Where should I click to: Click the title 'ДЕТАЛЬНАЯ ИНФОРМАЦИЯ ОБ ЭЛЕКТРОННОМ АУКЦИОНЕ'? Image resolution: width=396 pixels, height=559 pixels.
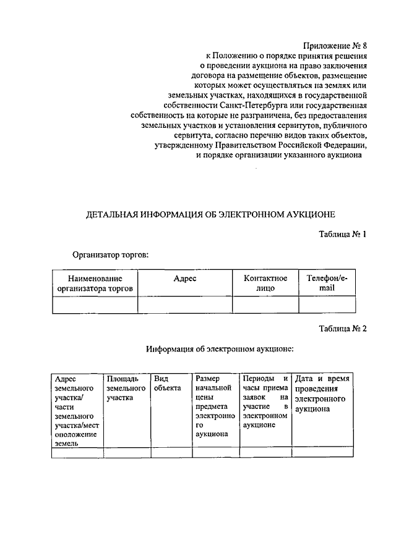tap(210, 214)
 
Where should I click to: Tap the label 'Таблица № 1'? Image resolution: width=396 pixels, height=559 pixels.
tap(343, 235)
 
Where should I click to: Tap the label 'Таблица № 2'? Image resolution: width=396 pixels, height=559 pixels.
tap(343, 329)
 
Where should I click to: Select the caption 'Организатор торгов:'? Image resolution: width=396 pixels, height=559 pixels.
tap(110, 254)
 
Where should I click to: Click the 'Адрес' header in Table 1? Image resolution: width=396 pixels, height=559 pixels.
tap(185, 279)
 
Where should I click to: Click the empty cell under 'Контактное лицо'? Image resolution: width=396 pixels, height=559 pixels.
tap(265, 305)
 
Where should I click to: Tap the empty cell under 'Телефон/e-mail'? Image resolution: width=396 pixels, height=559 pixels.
tap(327, 305)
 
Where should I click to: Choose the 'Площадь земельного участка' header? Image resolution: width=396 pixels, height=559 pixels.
tap(126, 388)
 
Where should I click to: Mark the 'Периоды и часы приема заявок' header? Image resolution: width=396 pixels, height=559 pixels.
tap(265, 401)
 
